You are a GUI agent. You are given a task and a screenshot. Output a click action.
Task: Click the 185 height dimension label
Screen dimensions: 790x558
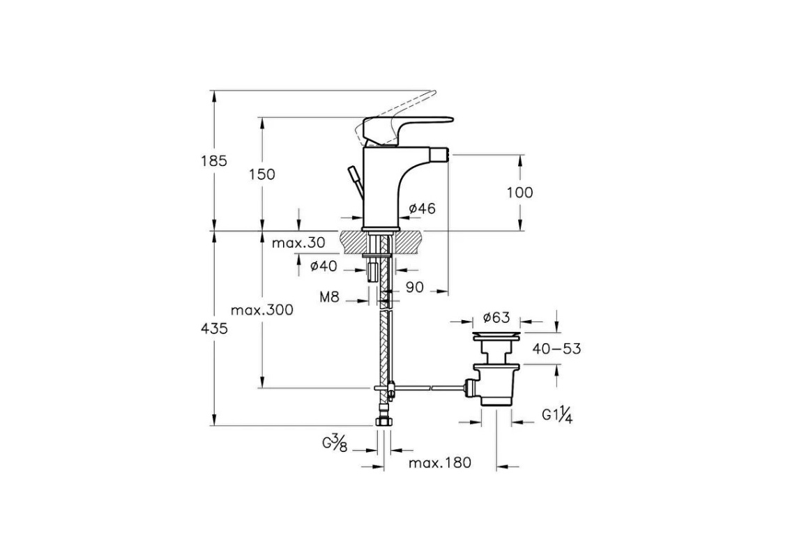214,161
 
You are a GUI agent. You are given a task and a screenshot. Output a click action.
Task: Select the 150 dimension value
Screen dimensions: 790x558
262,174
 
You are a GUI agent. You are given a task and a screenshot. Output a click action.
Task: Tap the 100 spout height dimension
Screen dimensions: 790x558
519,192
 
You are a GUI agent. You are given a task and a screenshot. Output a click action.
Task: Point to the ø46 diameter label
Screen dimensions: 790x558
423,208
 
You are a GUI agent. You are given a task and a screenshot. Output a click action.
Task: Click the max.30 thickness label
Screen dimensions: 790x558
298,243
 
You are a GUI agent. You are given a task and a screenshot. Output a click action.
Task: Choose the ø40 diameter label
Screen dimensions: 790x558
324,265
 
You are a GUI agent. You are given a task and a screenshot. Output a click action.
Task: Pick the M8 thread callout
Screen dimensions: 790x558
330,297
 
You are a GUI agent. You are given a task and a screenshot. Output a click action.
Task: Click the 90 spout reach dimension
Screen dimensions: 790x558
415,287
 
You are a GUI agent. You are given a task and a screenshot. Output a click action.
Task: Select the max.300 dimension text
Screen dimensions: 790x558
262,310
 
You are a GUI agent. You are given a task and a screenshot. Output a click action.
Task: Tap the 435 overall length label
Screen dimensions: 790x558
214,329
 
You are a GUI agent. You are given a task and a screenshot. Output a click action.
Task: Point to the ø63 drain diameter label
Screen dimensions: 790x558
496,317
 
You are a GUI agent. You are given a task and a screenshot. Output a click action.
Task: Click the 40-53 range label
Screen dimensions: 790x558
556,348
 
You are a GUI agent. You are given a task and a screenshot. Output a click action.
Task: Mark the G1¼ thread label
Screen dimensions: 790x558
557,415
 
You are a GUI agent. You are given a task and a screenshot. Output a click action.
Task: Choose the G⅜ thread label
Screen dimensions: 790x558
335,444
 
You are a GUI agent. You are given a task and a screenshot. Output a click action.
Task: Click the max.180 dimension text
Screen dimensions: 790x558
440,462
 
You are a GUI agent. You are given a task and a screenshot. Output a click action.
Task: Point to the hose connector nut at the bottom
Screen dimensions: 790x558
384,421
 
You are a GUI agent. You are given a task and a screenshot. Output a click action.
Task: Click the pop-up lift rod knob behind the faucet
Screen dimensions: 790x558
354,174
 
